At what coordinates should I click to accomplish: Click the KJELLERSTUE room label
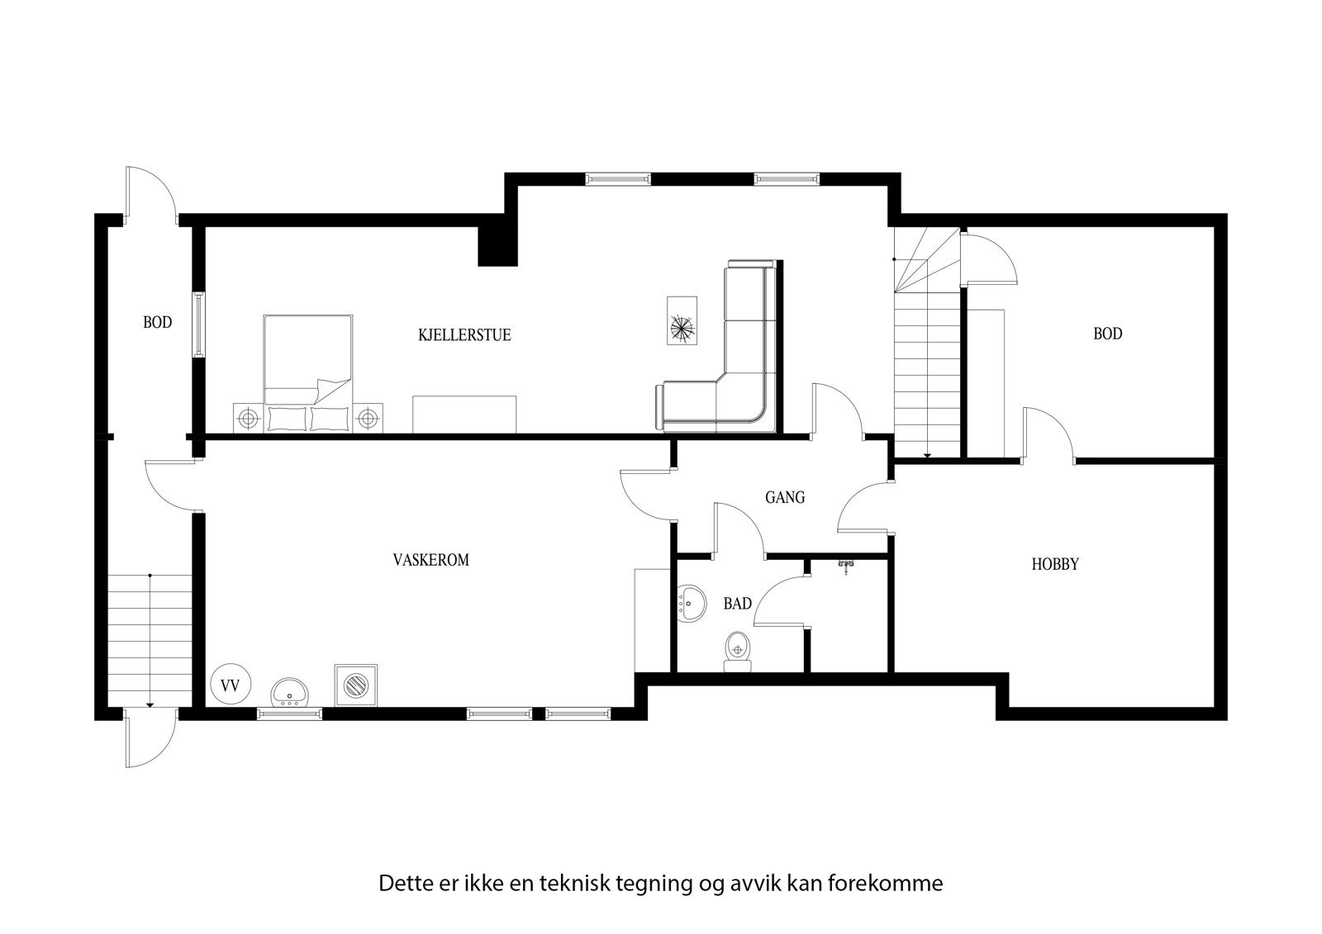point(464,335)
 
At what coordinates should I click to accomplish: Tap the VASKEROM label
point(430,560)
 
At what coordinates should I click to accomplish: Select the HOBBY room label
point(1055,565)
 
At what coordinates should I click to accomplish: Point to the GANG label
point(784,498)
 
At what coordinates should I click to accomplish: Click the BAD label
point(737,604)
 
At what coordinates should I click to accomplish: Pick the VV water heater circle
point(231,684)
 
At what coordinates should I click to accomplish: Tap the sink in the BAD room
point(691,603)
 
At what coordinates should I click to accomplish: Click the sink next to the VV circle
point(289,692)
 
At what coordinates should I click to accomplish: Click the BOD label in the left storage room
point(157,322)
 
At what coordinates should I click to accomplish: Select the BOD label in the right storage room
point(1107,334)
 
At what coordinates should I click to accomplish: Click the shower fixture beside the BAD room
point(845,565)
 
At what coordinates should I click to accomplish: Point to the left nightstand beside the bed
point(246,419)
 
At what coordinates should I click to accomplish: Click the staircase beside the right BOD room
point(927,372)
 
